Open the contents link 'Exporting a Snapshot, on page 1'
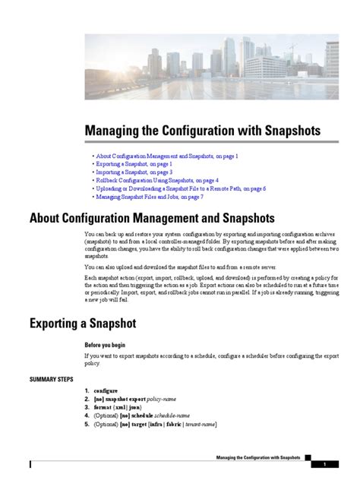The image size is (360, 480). coord(134,163)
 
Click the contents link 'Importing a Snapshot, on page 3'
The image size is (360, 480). coord(134,172)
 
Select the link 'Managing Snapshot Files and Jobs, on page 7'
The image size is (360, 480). coord(149,197)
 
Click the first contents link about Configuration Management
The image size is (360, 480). coord(167,155)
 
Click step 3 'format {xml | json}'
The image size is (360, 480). coord(122,407)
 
